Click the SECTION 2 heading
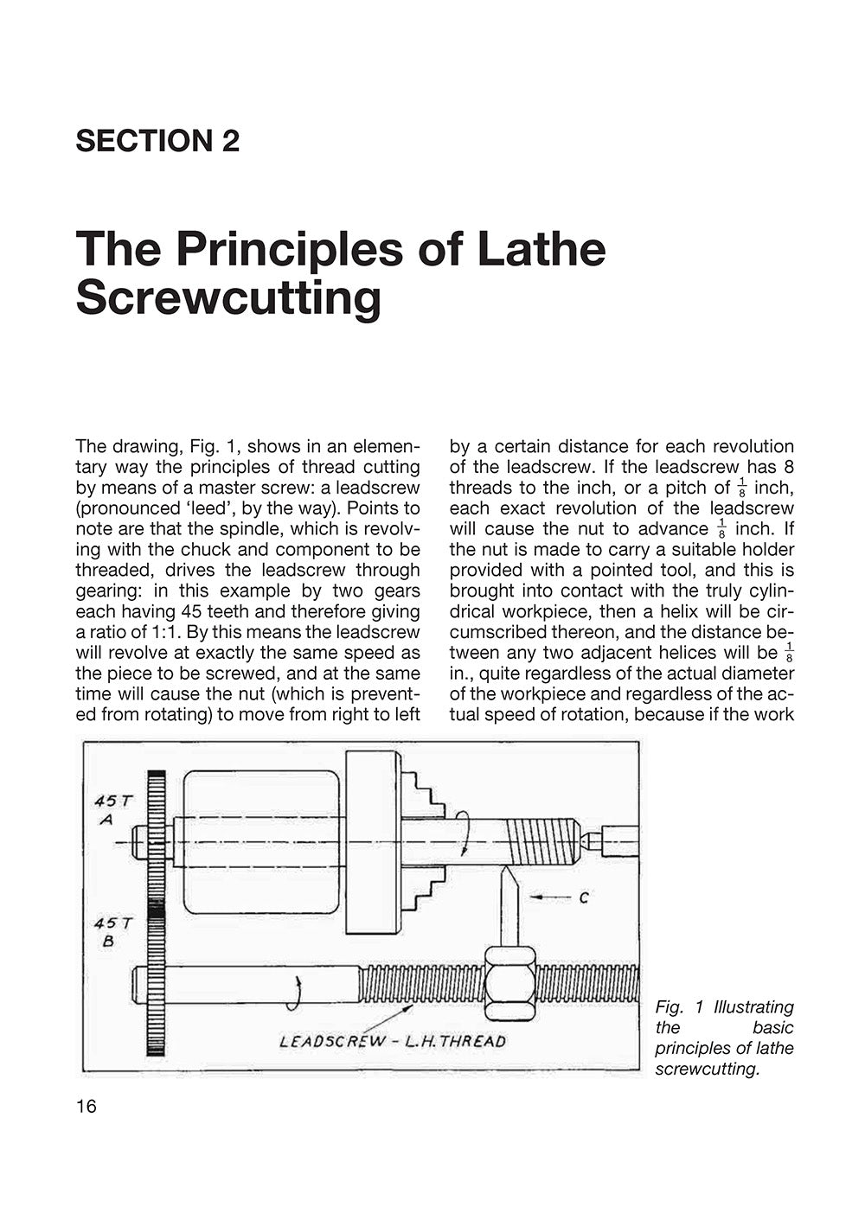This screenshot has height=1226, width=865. tap(157, 141)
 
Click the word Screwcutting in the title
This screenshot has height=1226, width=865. tap(228, 298)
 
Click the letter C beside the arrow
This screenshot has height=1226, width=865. tap(584, 898)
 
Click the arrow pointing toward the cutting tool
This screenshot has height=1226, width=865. tap(549, 898)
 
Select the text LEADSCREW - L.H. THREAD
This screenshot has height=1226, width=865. tap(393, 1041)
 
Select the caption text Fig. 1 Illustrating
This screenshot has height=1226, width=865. tap(724, 1007)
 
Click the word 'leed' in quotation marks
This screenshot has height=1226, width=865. tap(203, 508)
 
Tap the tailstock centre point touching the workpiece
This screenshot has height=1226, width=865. tap(586, 839)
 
